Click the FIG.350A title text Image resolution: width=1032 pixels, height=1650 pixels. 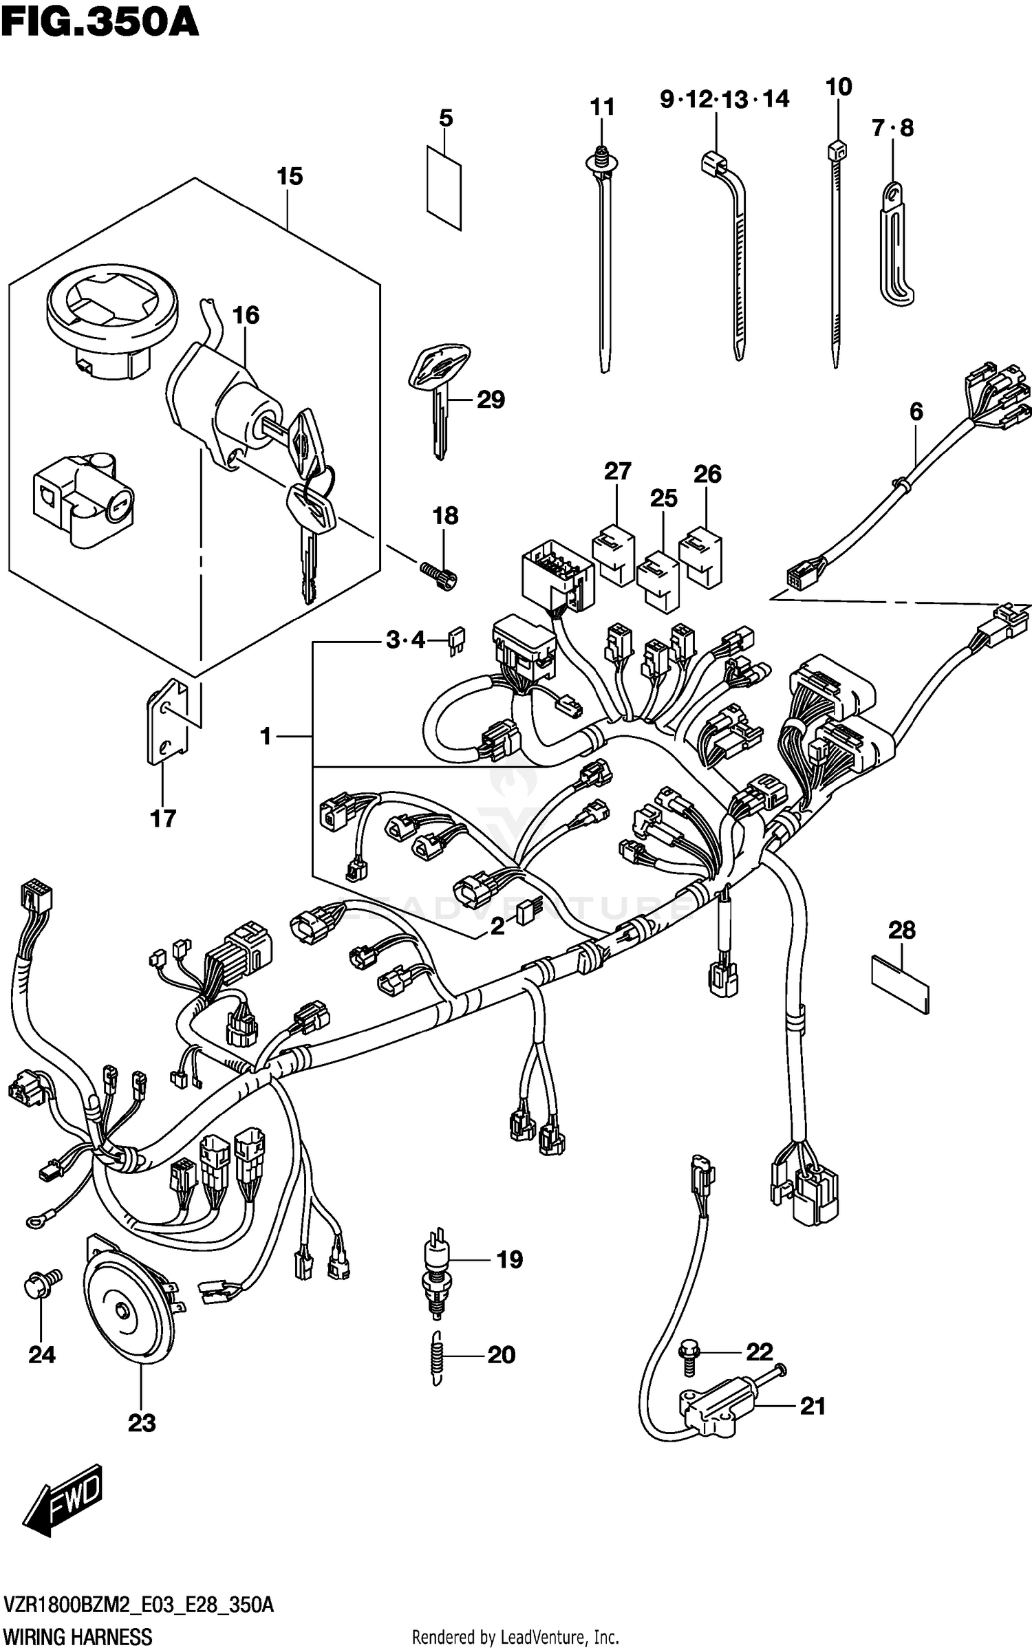coord(100,23)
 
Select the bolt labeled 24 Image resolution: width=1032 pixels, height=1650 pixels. coord(43,1283)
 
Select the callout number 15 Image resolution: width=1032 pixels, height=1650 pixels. coord(290,177)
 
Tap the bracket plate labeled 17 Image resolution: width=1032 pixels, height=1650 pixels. coord(167,722)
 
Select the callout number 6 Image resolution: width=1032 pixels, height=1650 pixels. coord(916,412)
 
